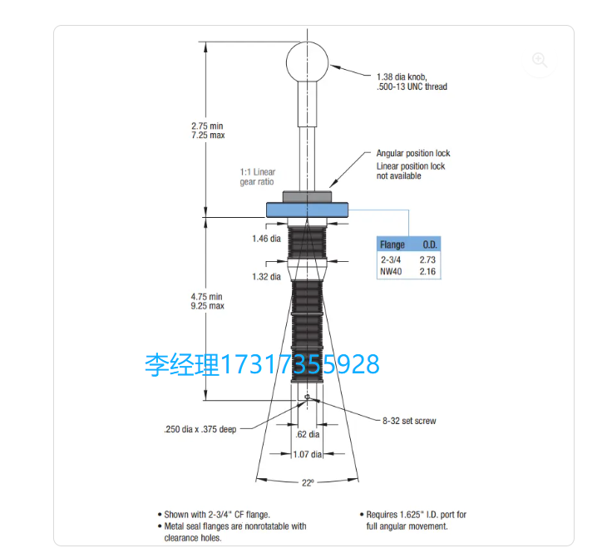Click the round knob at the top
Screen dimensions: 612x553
click(x=307, y=62)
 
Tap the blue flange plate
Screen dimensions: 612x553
click(x=307, y=210)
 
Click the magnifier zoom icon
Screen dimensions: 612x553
click(x=540, y=60)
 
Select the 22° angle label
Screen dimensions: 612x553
click(x=308, y=483)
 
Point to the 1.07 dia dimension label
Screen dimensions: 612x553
click(x=307, y=454)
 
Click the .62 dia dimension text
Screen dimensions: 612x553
click(x=308, y=434)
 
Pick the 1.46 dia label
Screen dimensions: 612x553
click(x=266, y=239)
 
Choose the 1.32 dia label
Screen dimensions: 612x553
click(x=266, y=277)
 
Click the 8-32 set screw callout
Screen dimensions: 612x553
click(x=409, y=421)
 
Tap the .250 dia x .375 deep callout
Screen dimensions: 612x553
click(x=200, y=429)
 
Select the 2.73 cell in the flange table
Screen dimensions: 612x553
click(x=427, y=259)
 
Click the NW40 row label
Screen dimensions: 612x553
click(x=391, y=271)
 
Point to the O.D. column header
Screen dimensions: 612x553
click(x=430, y=244)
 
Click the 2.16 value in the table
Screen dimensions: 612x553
click(x=427, y=271)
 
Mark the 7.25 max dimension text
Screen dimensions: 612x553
click(x=208, y=136)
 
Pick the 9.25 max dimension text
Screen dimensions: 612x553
click(x=207, y=306)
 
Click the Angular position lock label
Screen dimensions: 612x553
click(x=413, y=153)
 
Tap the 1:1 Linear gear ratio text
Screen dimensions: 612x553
click(x=257, y=177)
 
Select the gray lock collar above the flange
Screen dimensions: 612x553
click(x=307, y=197)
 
